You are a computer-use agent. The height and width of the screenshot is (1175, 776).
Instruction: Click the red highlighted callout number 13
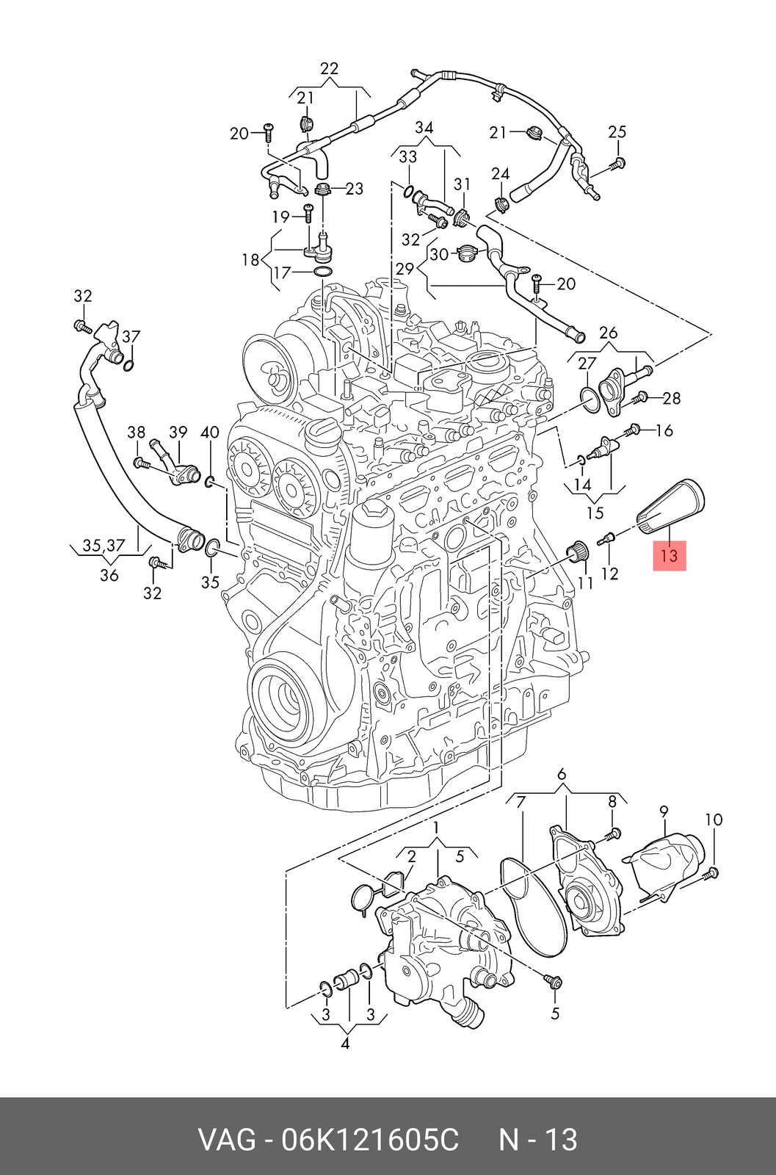[x=669, y=555]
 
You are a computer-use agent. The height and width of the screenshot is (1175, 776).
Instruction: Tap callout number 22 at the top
[x=330, y=69]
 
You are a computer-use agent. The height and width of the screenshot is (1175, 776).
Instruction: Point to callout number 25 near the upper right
[x=617, y=131]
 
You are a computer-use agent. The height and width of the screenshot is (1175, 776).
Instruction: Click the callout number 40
[x=210, y=433]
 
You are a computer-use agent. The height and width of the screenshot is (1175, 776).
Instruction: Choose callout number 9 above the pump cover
[x=664, y=811]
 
